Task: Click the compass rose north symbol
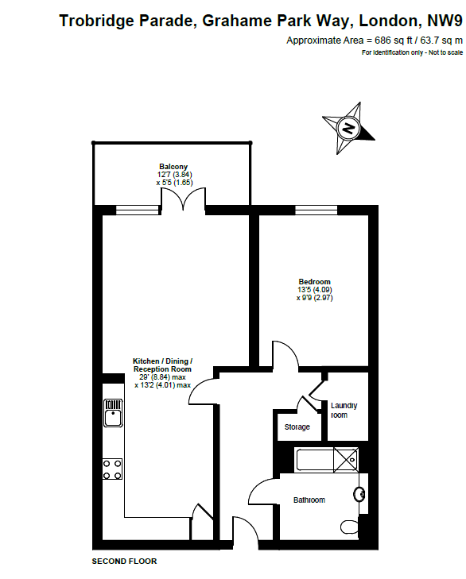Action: [348, 128]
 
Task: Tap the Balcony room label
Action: [173, 167]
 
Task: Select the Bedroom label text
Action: [314, 282]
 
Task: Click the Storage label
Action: [297, 427]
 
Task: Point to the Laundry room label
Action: [344, 411]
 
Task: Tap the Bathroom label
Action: [309, 500]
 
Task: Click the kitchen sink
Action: [113, 413]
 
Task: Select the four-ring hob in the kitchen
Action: [112, 469]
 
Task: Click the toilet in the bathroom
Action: [350, 527]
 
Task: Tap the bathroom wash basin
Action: [359, 495]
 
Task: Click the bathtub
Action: [327, 460]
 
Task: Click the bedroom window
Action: [316, 210]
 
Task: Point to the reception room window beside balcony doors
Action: [138, 210]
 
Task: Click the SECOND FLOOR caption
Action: [124, 562]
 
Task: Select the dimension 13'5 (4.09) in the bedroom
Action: [315, 290]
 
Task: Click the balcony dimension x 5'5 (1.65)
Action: [174, 183]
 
